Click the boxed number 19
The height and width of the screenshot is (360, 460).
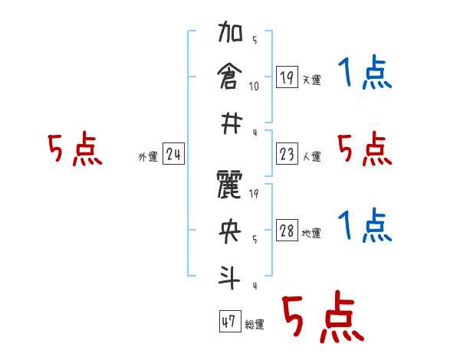click(x=287, y=77)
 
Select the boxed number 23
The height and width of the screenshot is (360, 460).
click(x=287, y=155)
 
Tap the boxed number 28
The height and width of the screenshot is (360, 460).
click(x=287, y=231)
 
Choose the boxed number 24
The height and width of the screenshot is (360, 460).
click(x=173, y=155)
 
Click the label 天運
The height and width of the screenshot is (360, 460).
click(x=311, y=80)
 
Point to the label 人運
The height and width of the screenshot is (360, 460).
click(x=311, y=157)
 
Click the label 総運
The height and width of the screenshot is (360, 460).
click(x=255, y=325)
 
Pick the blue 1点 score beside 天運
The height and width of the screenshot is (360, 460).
click(x=365, y=74)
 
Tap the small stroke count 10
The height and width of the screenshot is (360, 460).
click(x=254, y=85)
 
